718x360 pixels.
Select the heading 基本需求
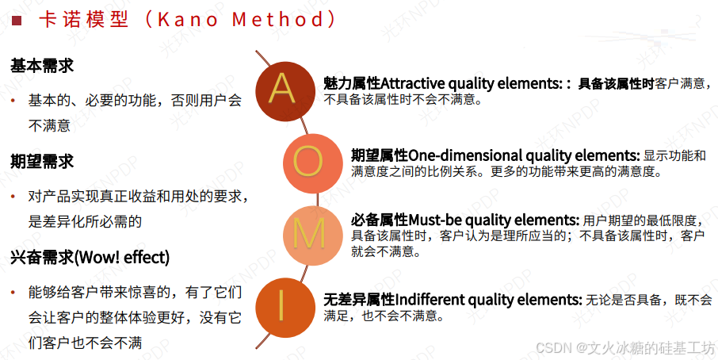pos(42,66)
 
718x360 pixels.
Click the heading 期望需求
pos(42,161)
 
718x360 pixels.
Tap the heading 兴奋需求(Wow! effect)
pos(90,258)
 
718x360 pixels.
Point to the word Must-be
pos(434,220)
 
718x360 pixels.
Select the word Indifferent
pos(430,300)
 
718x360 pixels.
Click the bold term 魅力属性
pos(352,83)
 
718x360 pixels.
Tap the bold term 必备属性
pos(380,220)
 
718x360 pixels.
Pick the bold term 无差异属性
pos(359,300)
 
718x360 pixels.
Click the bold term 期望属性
pos(380,155)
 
